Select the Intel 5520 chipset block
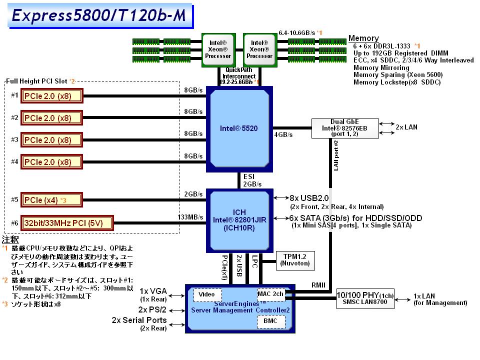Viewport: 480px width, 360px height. point(239,128)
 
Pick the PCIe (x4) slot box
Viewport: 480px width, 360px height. point(51,200)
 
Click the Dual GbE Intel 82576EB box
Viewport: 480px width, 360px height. point(344,128)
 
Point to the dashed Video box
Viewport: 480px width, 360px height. point(207,294)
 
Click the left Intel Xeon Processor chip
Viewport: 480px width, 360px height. point(218,49)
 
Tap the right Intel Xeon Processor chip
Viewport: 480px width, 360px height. point(260,49)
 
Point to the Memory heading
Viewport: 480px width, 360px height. point(363,38)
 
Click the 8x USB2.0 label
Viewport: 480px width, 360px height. point(309,198)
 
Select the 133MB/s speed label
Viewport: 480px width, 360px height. point(190,217)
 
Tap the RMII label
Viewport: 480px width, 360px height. point(317,285)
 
